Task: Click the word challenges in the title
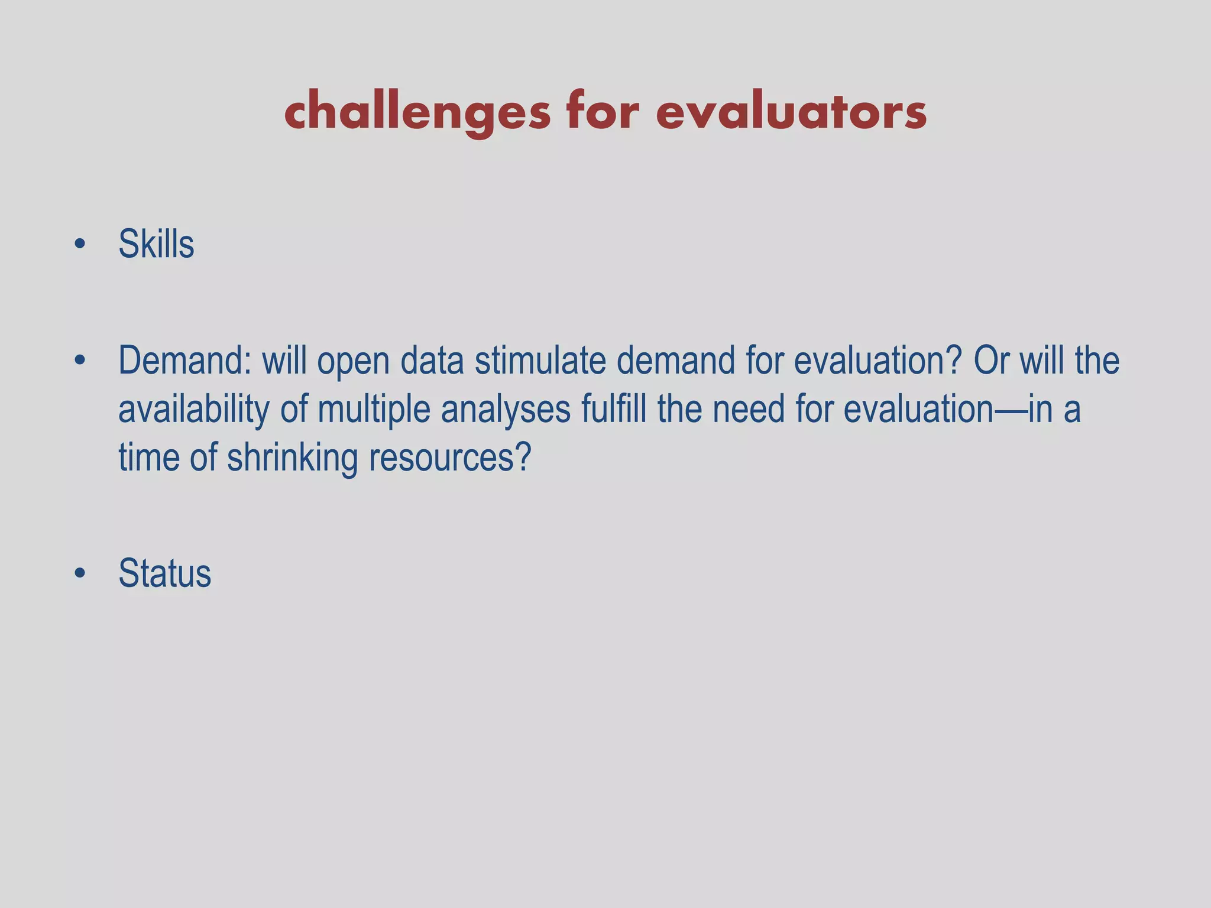[417, 112]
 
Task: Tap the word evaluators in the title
[791, 112]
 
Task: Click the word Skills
[156, 244]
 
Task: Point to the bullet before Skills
[80, 244]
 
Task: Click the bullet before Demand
[80, 360]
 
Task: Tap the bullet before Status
[80, 573]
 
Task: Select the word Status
[164, 573]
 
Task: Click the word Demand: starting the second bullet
[184, 361]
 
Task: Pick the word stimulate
[540, 361]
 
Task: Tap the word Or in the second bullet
[991, 361]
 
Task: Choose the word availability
[193, 409]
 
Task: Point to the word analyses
[506, 409]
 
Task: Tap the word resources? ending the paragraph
[451, 458]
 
